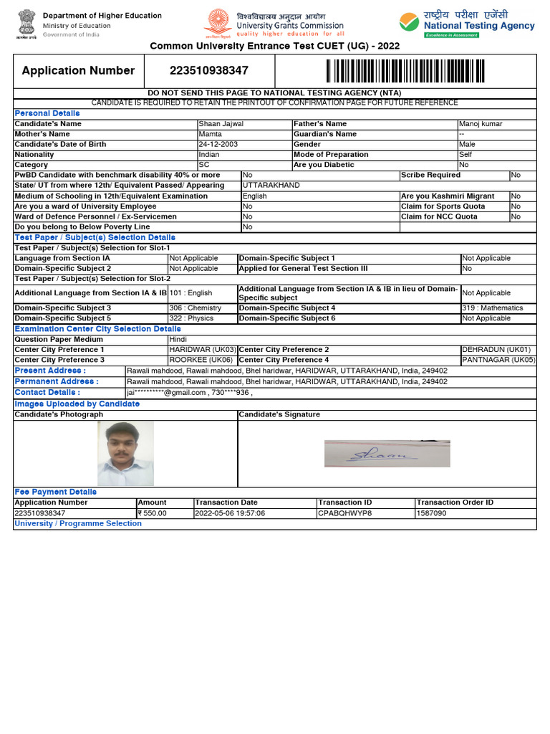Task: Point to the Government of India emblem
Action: click(24, 25)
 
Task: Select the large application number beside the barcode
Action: click(209, 70)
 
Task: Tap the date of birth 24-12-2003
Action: click(218, 144)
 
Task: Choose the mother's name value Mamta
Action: click(211, 134)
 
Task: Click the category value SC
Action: click(204, 164)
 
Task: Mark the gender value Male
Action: click(467, 144)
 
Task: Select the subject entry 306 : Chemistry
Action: click(195, 308)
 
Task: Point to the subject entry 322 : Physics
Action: click(191, 318)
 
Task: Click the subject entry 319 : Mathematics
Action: click(492, 308)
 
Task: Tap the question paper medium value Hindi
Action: click(178, 339)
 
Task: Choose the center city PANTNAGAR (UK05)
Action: click(498, 360)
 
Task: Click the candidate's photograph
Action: click(125, 453)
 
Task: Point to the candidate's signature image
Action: click(387, 454)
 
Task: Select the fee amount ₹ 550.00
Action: click(152, 513)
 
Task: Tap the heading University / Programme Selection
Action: click(78, 523)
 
